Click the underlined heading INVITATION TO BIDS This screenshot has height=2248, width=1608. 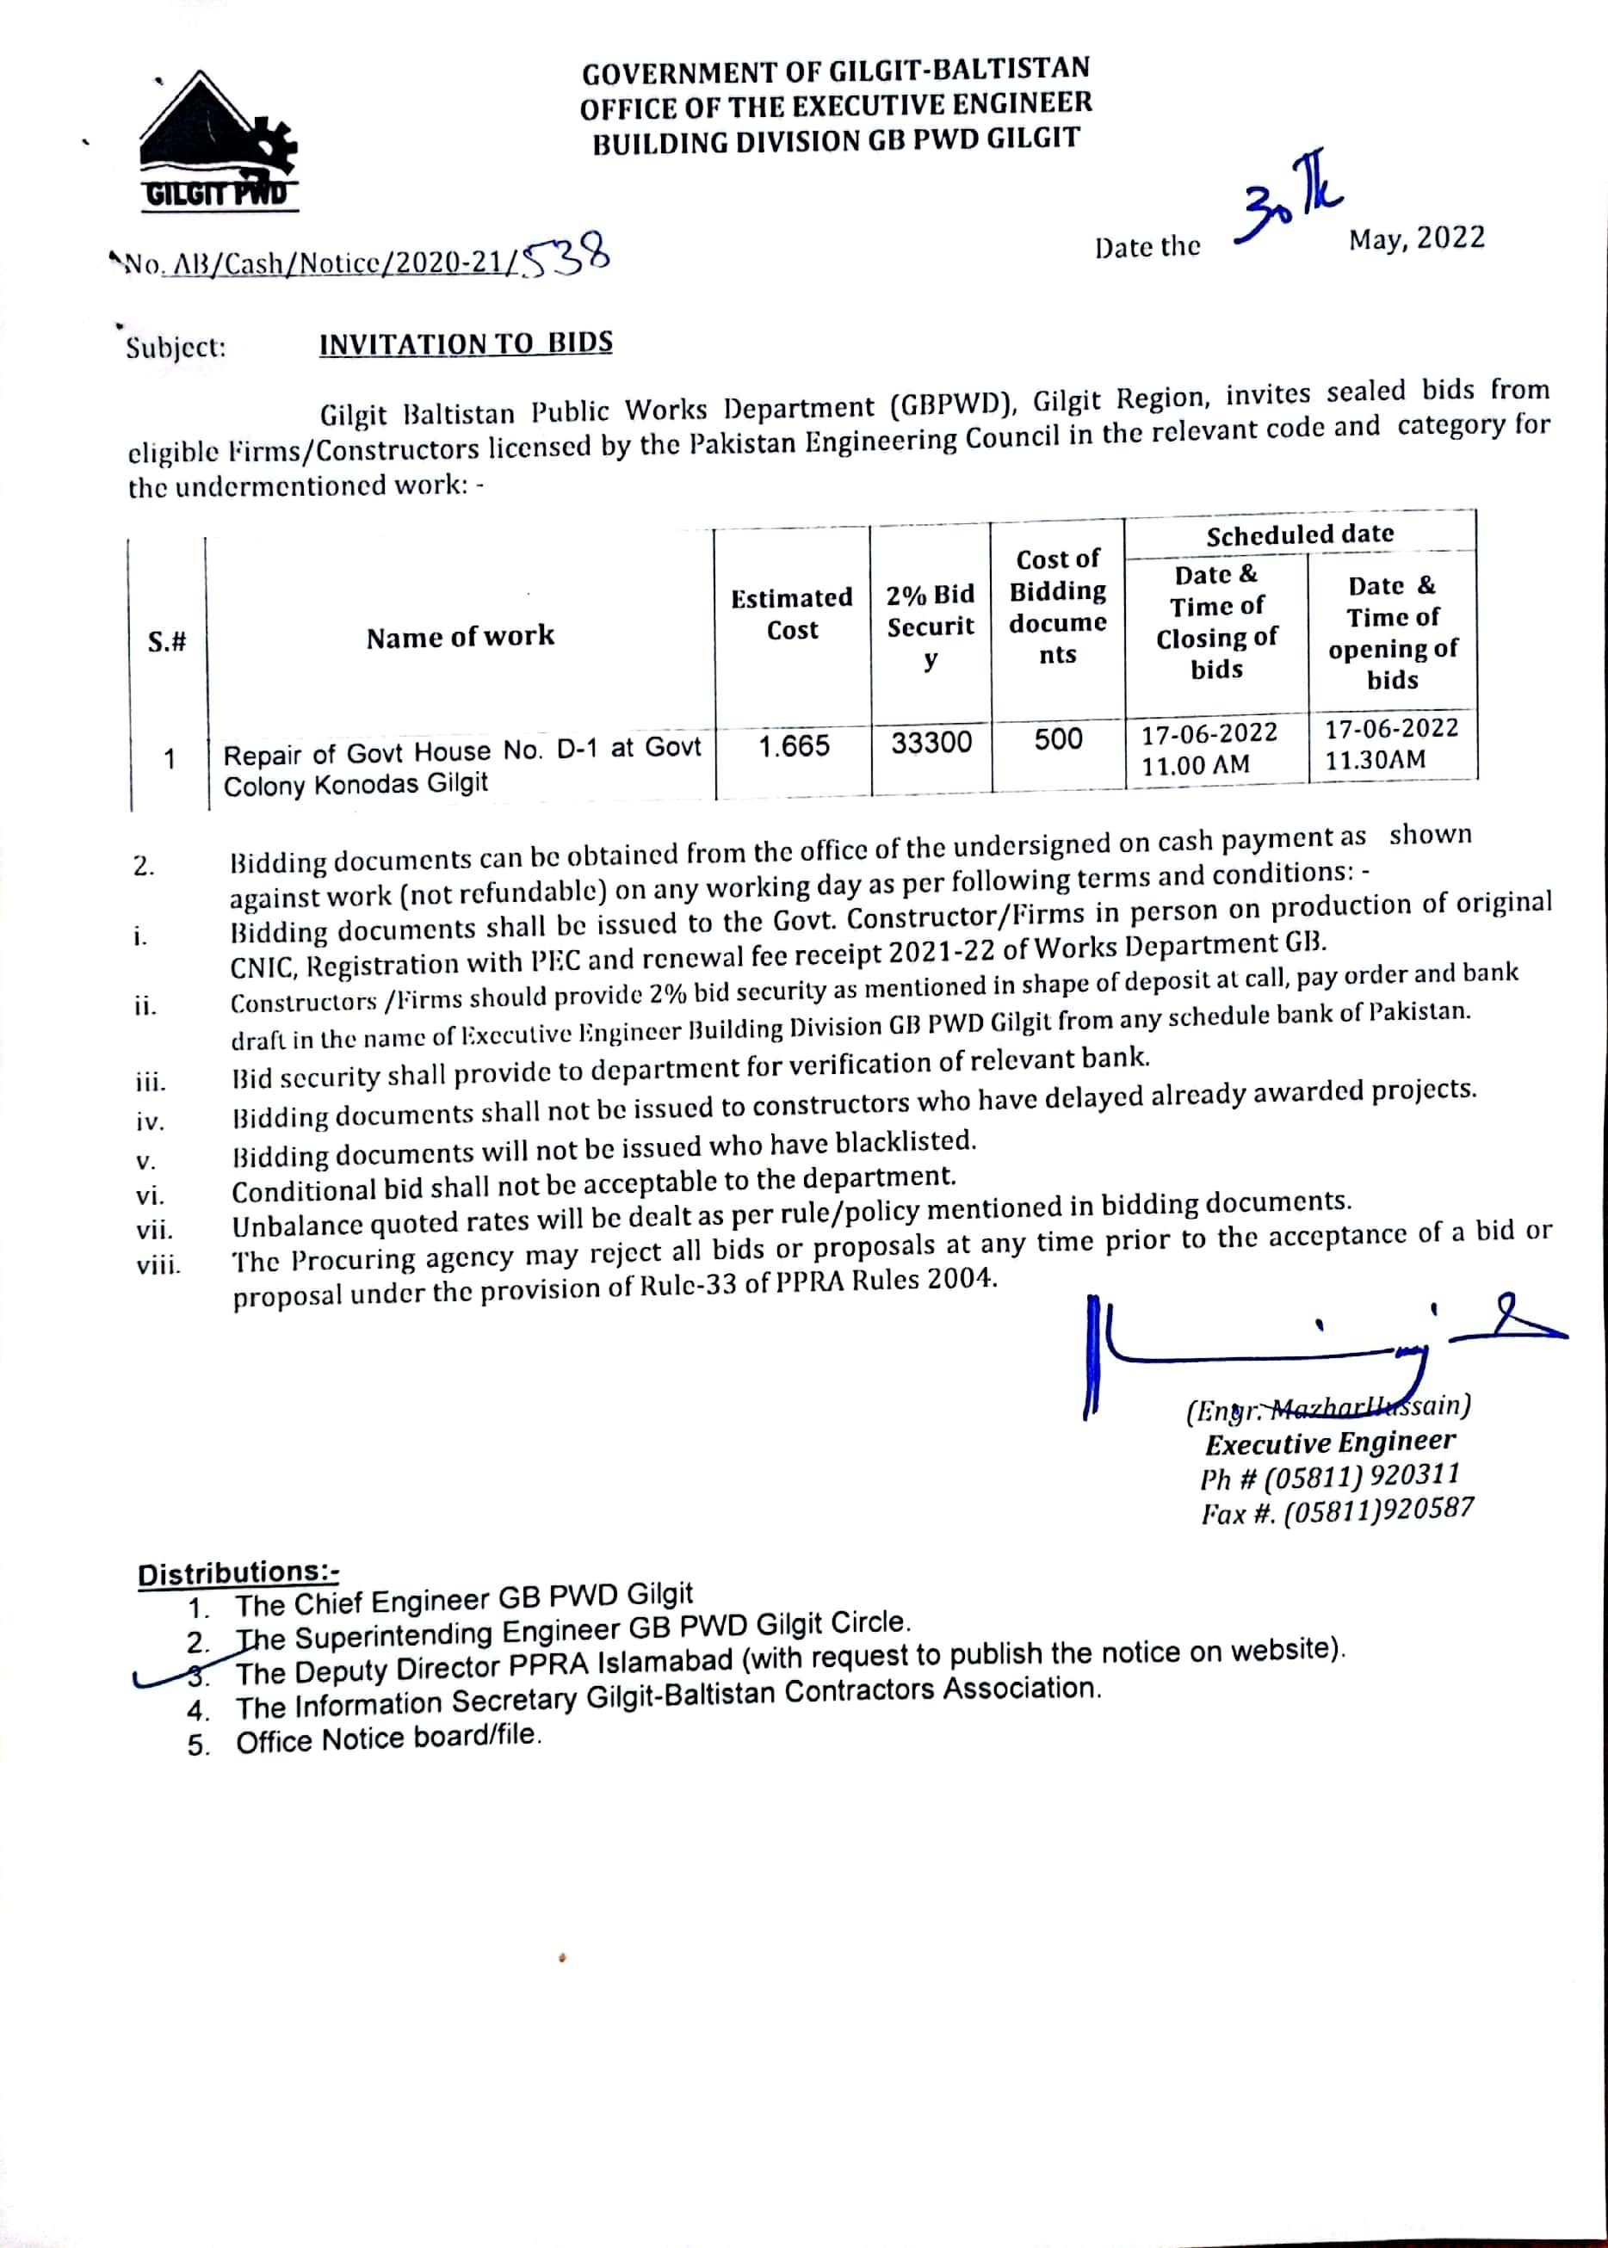(x=466, y=343)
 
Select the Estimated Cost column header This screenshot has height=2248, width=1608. (x=791, y=614)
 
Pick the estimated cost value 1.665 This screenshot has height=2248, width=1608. (x=794, y=746)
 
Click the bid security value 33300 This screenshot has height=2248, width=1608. (x=931, y=743)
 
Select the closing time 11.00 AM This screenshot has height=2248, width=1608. (x=1195, y=765)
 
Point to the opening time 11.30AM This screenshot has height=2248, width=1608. (x=1376, y=760)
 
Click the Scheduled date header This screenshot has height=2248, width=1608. (x=1299, y=534)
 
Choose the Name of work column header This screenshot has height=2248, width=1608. (x=460, y=637)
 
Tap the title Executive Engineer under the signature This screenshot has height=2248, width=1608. (x=1330, y=1442)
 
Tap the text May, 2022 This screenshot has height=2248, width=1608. (x=1416, y=238)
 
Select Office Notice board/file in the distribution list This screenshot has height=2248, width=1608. (x=388, y=1739)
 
